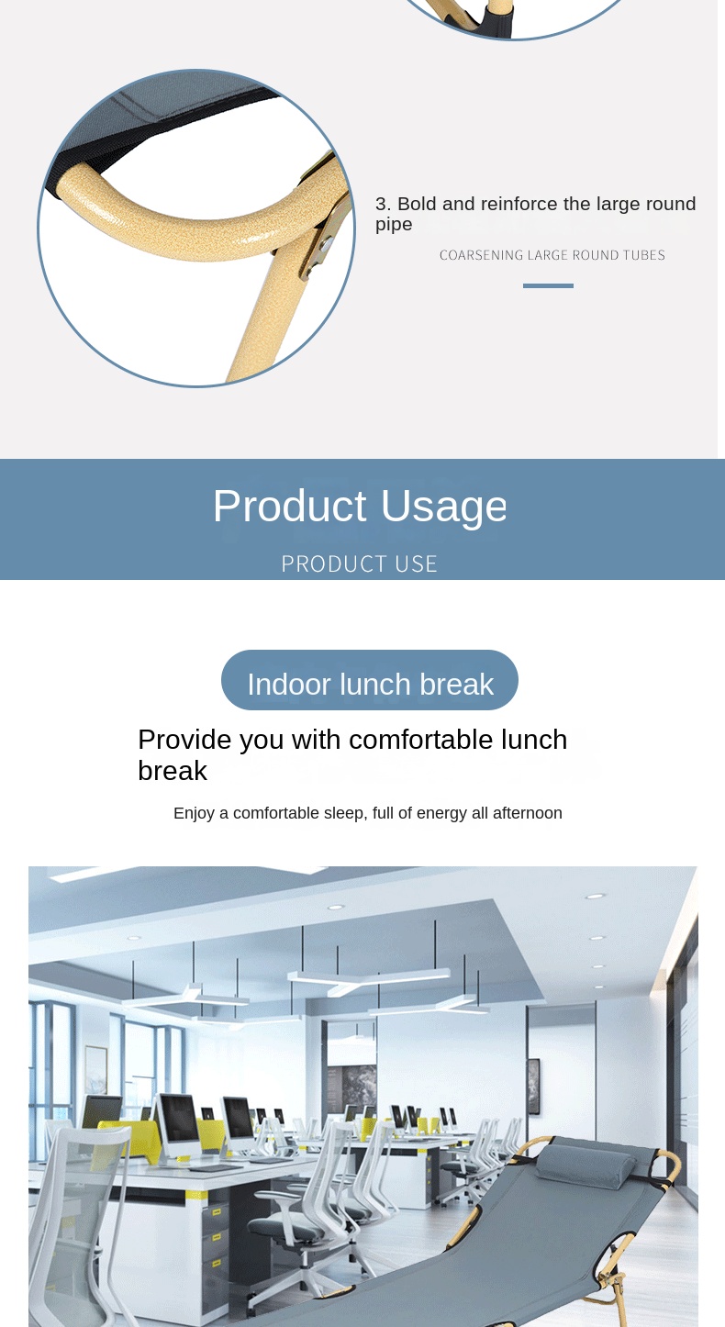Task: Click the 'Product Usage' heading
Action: pos(360,507)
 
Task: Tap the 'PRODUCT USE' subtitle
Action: pos(360,564)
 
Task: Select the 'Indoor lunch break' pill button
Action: pos(370,680)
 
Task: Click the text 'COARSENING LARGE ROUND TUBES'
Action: pos(552,255)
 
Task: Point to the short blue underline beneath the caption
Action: pos(548,285)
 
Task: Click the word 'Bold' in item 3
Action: pos(417,204)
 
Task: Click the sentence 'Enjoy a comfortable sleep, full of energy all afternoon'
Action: pos(368,813)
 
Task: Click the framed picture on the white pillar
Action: pos(534,1087)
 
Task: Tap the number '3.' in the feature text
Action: pos(384,204)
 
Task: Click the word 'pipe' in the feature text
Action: pos(394,225)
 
